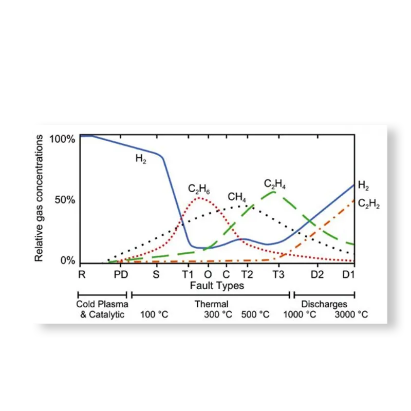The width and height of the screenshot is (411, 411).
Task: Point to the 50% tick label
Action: tap(65, 200)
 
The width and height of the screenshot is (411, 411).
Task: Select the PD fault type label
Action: tap(121, 274)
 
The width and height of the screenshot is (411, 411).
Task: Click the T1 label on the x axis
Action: tap(188, 274)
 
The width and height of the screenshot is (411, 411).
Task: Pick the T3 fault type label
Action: tap(278, 274)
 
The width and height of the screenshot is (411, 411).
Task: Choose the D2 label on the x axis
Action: tap(317, 274)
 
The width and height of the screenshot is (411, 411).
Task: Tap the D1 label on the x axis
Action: tap(349, 274)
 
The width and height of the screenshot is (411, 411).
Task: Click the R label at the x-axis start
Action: tap(81, 274)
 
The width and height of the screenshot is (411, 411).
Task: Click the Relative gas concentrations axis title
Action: tap(39, 198)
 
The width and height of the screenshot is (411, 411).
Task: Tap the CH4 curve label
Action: tap(237, 197)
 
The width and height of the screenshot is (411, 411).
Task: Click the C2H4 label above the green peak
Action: tap(275, 183)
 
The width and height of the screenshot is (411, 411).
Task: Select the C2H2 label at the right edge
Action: tap(368, 203)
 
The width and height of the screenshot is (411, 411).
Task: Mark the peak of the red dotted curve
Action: tap(199, 198)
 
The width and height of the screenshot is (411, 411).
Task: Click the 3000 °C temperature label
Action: tap(351, 314)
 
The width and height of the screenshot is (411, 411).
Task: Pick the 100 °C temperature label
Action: tap(154, 314)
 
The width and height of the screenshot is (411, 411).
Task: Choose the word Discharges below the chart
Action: tap(324, 304)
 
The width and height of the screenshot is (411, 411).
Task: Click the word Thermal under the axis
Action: tap(211, 304)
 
